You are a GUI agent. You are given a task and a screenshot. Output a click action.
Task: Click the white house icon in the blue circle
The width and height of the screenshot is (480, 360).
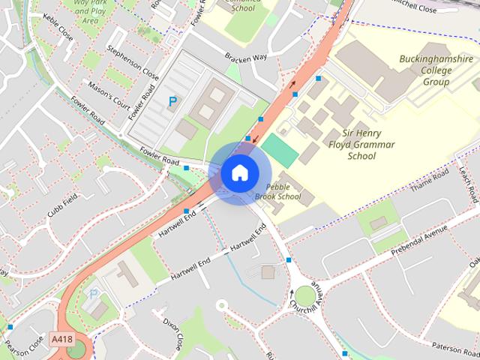(238, 172)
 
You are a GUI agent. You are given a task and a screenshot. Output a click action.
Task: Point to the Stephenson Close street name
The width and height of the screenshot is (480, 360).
(133, 64)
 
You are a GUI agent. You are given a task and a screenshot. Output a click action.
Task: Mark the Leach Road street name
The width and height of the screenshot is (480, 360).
(467, 184)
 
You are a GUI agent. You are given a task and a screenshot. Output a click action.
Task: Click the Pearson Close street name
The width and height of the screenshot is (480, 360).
(22, 346)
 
